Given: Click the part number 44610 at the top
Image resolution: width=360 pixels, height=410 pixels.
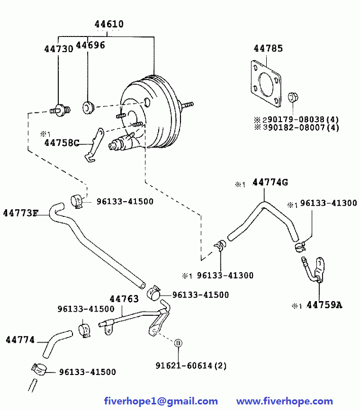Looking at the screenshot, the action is click(x=109, y=24).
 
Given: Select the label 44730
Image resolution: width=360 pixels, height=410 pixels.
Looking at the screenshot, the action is click(x=59, y=49).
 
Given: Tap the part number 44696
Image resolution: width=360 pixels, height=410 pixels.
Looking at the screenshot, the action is click(x=90, y=45).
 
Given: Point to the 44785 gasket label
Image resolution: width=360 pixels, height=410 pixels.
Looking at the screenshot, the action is click(x=268, y=48).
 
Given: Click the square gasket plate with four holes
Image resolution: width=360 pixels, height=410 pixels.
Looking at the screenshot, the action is click(x=266, y=84).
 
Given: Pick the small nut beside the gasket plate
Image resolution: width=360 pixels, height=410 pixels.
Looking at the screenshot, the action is click(x=293, y=97).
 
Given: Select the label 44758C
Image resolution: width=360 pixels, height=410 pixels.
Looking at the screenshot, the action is click(x=62, y=143).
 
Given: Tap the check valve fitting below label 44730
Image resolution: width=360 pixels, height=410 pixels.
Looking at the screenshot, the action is click(x=60, y=110).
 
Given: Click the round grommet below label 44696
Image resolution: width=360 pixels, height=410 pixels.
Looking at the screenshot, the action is click(x=88, y=107).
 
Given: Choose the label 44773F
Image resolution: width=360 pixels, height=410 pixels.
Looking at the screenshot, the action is click(x=21, y=213).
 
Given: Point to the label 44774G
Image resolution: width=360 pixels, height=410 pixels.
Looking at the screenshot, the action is click(x=270, y=182).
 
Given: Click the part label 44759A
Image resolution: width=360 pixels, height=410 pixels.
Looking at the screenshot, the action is click(x=324, y=305).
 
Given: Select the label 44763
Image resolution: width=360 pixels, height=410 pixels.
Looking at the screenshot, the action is click(x=124, y=299).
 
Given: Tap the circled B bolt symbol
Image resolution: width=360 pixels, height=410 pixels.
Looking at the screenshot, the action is click(x=178, y=343).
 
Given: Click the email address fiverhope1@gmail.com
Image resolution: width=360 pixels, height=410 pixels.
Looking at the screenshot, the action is click(x=161, y=401).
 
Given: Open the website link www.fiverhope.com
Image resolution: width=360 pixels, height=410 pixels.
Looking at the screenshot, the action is click(x=284, y=401).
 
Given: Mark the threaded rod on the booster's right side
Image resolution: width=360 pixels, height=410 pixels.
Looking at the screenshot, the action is click(x=187, y=105).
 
